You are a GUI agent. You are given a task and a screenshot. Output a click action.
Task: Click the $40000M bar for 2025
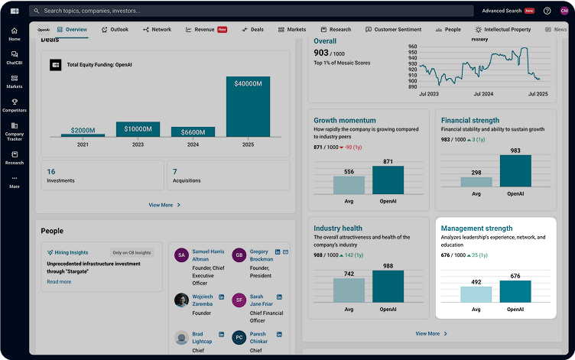[249, 106]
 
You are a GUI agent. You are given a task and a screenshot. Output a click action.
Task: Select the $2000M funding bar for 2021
[83, 135]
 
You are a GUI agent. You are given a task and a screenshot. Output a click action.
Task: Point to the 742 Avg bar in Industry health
[349, 290]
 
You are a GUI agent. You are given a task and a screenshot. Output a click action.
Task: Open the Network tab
[158, 30]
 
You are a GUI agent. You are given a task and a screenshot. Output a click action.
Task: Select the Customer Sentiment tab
[393, 30]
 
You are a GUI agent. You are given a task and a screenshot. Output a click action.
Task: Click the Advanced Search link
[502, 11]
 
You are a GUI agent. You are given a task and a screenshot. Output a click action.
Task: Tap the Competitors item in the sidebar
[15, 105]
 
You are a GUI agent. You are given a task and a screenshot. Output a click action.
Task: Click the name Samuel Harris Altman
[208, 255]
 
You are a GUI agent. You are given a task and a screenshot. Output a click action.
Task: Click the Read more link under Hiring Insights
[59, 281]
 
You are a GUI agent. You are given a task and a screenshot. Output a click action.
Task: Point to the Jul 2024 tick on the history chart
[483, 93]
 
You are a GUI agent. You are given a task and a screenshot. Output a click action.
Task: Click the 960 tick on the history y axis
[413, 47]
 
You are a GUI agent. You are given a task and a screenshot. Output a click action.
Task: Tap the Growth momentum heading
[345, 120]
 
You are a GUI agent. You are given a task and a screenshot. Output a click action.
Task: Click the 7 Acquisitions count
[175, 172]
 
